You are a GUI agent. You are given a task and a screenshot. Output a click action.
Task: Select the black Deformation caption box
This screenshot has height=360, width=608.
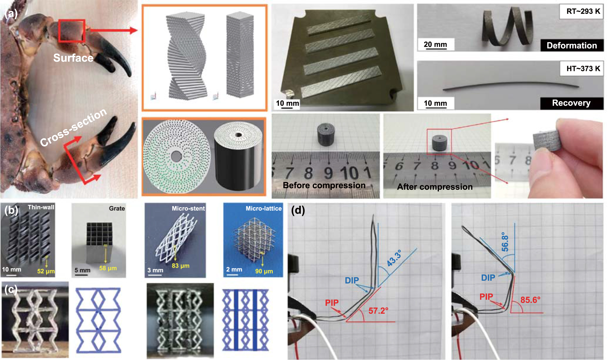tap(572, 45)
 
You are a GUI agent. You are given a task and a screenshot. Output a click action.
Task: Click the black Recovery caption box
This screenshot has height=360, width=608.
tap(572, 103)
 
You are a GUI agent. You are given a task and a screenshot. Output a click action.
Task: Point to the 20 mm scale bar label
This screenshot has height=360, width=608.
tap(435, 45)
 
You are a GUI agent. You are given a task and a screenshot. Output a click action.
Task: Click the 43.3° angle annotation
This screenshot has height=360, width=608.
tap(394, 258)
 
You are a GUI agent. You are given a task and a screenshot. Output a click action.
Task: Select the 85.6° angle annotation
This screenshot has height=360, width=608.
tap(530, 300)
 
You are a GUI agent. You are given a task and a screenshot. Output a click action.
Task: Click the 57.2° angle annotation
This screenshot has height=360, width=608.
tap(378, 311)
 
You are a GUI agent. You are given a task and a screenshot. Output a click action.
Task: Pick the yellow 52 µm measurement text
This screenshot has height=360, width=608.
tap(46, 271)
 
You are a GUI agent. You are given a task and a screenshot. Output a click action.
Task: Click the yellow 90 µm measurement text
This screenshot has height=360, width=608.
tap(264, 271)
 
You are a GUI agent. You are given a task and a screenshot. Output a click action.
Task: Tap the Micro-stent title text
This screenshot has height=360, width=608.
tap(188, 208)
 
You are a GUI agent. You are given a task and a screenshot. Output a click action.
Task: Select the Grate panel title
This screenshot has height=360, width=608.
tap(117, 208)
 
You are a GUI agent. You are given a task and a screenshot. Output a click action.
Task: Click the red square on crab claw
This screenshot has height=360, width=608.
tap(72, 31)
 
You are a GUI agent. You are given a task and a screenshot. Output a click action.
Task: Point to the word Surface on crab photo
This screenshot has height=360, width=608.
tap(73, 58)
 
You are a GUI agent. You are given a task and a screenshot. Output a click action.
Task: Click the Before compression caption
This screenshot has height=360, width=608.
tap(324, 185)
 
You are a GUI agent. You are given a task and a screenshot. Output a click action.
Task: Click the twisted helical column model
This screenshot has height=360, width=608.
tap(187, 56)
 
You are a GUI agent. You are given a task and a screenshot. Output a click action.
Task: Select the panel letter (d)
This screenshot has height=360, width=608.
tap(298, 210)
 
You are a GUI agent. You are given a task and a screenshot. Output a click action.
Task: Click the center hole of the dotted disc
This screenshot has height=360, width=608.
tap(176, 157)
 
